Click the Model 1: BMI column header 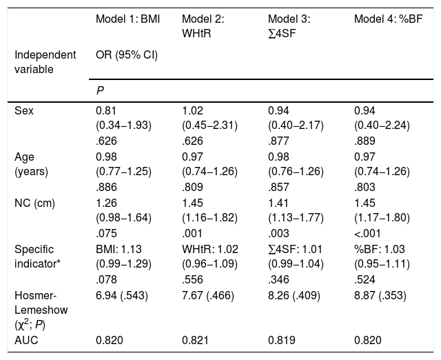click(127, 19)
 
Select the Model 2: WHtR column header click(203, 26)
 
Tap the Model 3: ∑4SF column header click(289, 26)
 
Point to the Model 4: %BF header click(389, 19)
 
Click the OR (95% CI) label click(127, 55)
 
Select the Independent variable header click(45, 62)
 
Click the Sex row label click(24, 110)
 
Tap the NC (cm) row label click(34, 203)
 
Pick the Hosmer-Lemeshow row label click(41, 310)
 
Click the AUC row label click(26, 340)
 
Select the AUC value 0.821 click(195, 340)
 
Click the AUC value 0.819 click(282, 340)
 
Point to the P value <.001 click(367, 234)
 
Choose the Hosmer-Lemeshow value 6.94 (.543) click(122, 296)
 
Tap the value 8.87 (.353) click(380, 296)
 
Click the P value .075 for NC click(106, 234)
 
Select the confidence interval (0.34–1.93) click(123, 126)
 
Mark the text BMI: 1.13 click(119, 250)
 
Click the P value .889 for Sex click(365, 141)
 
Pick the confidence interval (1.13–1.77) click(296, 218)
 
